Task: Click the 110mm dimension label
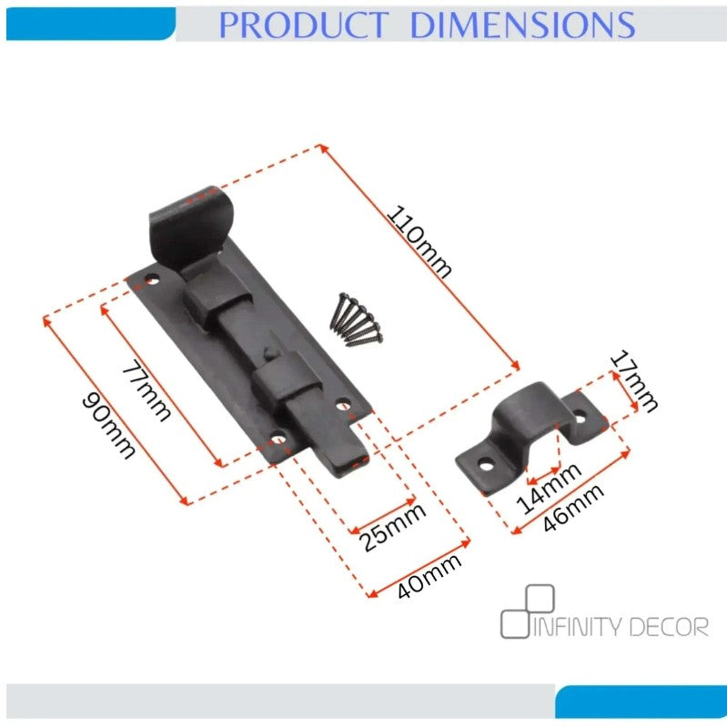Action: pos(419,242)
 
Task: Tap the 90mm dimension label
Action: pos(108,425)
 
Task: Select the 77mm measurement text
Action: pos(146,390)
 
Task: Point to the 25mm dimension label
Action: pos(392,527)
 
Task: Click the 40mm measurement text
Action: pos(429,575)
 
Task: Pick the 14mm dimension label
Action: pos(549,489)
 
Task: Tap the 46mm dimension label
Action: pos(573,507)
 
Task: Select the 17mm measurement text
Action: pos(633,381)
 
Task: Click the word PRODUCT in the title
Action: pos(303,25)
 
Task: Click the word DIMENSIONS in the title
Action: pos(522,25)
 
